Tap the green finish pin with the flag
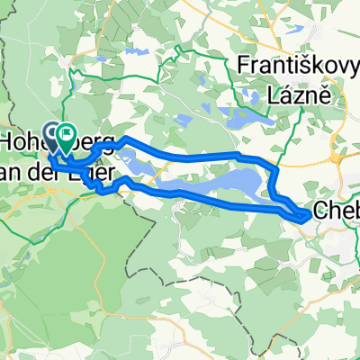pyautogui.click(x=67, y=139)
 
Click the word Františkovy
pyautogui.click(x=292, y=66)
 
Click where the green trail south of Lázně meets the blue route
pyautogui.click(x=270, y=167)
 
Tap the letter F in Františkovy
pyautogui.click(x=242, y=66)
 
